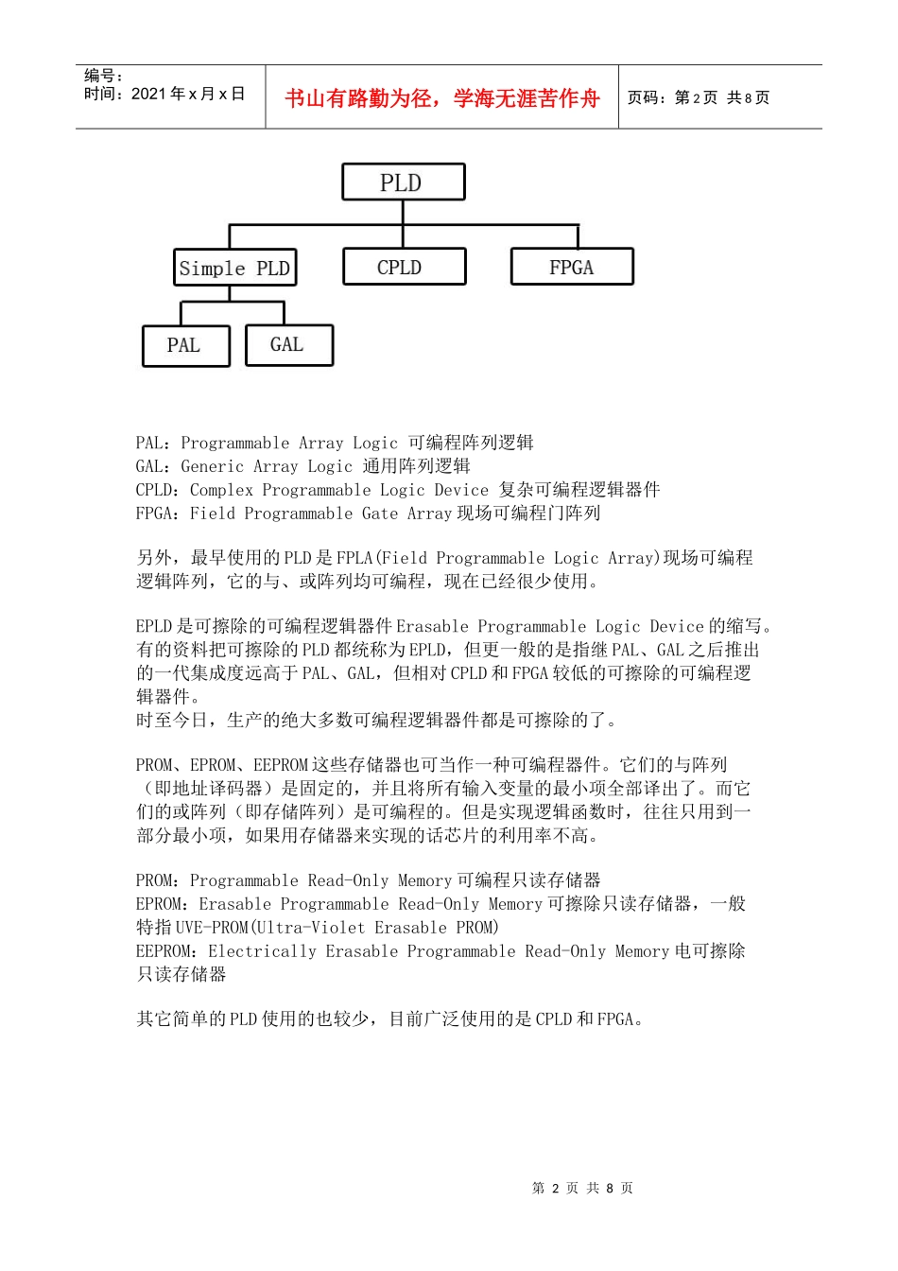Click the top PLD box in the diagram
(403, 183)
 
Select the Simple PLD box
(234, 269)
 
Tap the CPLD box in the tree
(404, 268)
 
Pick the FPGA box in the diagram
(572, 268)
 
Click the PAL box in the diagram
(185, 346)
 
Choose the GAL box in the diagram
(288, 345)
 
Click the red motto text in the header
(442, 98)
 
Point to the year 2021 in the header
(147, 94)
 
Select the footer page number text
(582, 1188)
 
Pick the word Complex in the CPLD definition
(221, 490)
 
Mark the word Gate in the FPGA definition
(380, 514)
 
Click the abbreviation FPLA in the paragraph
(355, 558)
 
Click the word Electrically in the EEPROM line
(262, 951)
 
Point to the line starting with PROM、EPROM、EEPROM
(431, 765)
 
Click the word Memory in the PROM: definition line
(425, 880)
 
